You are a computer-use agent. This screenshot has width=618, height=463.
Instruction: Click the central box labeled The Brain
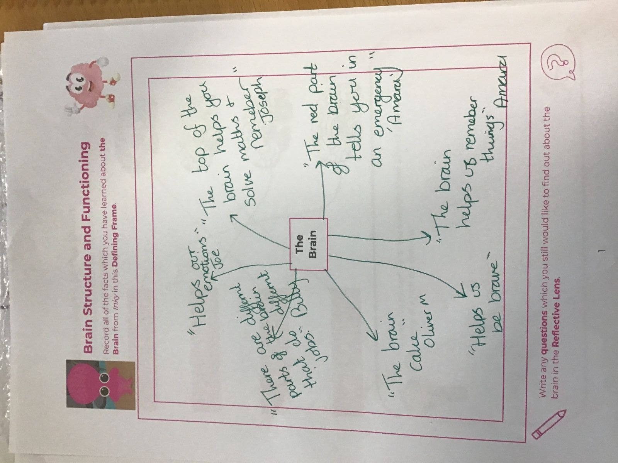tap(308, 244)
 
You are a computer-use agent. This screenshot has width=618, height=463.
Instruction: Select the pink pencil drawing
tap(548, 426)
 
